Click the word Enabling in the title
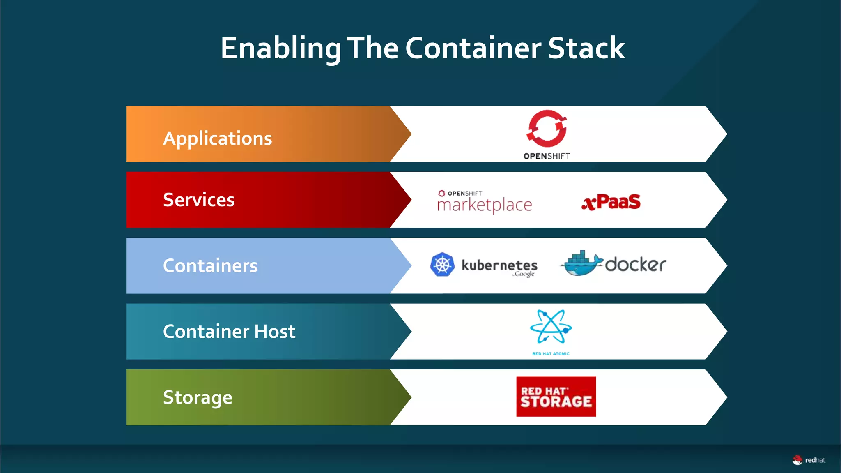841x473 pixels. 280,48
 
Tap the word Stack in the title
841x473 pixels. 586,48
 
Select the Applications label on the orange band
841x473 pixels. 217,138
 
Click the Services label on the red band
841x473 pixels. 199,200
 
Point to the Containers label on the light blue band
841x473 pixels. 210,265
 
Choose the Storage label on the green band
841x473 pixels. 198,397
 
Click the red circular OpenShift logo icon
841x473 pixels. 547,128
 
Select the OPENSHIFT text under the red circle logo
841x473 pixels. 547,156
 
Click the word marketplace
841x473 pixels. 485,205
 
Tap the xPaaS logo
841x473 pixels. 611,202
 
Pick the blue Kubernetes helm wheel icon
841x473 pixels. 442,264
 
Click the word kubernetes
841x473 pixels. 499,265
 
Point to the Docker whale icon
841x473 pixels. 580,263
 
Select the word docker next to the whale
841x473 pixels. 635,265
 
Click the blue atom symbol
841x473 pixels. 551,327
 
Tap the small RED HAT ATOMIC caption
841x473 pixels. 551,353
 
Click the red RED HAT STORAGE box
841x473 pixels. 556,397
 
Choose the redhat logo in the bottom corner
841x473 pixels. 809,460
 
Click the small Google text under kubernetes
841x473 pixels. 524,274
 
